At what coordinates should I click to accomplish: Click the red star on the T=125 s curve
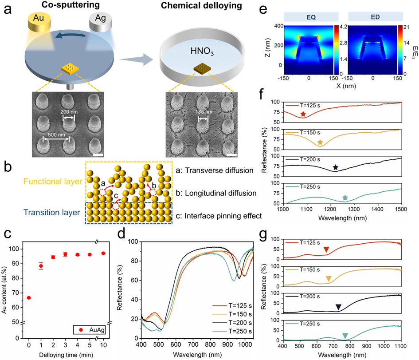pos(303,115)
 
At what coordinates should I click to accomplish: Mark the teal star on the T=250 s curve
pos(345,198)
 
